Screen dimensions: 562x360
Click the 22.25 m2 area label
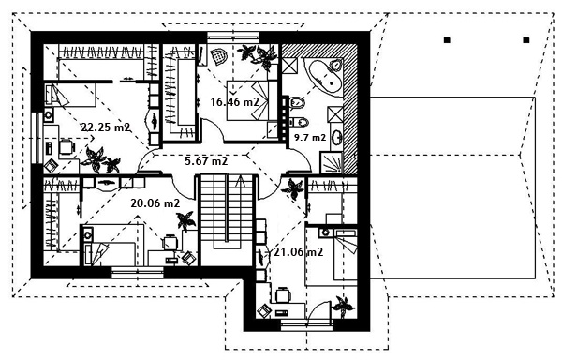(x=105, y=127)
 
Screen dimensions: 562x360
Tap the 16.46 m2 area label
(x=235, y=102)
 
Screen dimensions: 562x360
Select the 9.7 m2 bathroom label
(x=310, y=137)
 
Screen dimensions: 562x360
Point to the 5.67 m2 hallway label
(x=206, y=161)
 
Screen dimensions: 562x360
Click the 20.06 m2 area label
(x=155, y=203)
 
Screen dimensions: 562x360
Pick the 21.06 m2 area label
(x=299, y=252)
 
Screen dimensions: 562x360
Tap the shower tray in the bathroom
(x=332, y=162)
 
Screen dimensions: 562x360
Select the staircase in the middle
(x=227, y=219)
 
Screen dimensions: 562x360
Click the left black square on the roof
(x=447, y=40)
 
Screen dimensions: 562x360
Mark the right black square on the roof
(x=526, y=40)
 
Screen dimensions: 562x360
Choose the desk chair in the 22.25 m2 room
(x=67, y=146)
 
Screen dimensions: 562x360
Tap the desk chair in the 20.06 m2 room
(x=170, y=243)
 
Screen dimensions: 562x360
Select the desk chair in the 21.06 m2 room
(x=283, y=295)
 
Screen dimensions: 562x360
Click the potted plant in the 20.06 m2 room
(x=186, y=220)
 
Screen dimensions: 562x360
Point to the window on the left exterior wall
(x=37, y=139)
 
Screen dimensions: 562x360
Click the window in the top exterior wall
(x=233, y=37)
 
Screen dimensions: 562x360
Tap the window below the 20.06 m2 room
(x=138, y=273)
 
